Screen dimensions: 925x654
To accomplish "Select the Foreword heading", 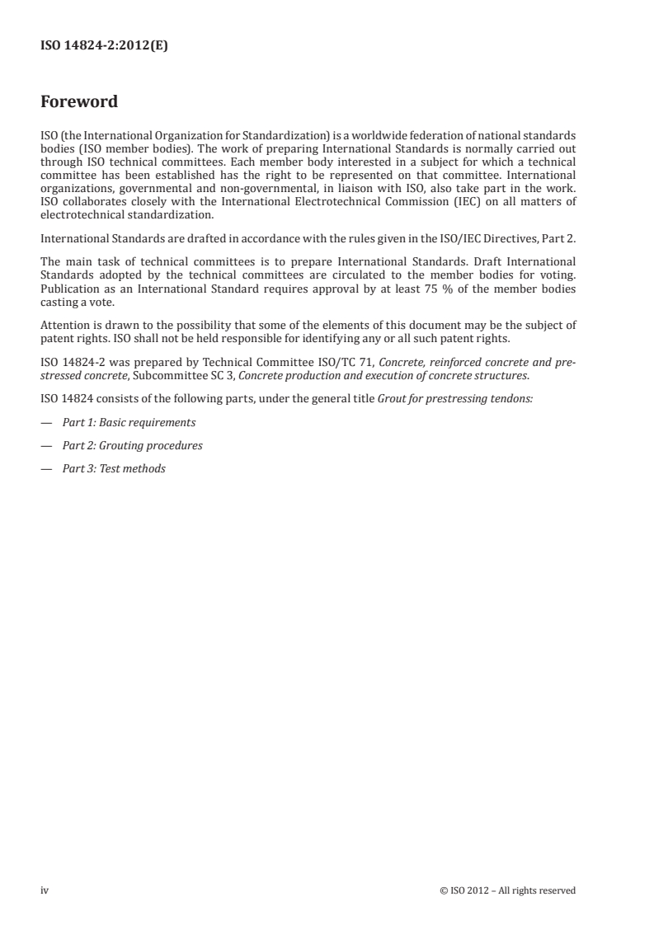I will (79, 102).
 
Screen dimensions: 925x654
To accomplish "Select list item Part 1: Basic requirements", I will (129, 422).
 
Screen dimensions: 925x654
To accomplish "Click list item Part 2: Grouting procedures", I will (132, 445).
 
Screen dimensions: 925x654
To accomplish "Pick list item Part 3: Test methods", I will (114, 468).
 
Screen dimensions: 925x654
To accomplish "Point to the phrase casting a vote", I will (78, 302).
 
